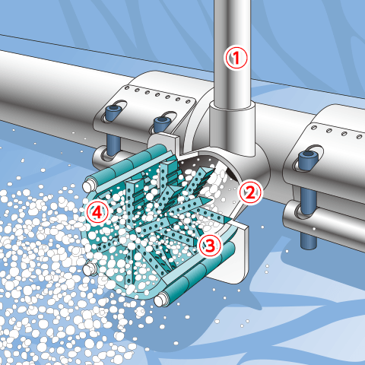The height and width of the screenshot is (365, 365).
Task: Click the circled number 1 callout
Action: click(236, 58)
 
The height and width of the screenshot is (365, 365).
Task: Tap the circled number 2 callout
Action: click(250, 192)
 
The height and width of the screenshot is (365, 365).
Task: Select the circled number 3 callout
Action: click(210, 245)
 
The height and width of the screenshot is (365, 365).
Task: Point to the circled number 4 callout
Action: click(97, 212)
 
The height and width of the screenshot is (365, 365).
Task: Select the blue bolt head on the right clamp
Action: click(308, 159)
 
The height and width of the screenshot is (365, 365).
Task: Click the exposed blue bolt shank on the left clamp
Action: click(113, 144)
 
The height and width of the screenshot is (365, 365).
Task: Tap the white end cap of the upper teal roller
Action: click(87, 186)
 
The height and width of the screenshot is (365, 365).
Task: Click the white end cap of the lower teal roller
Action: click(160, 300)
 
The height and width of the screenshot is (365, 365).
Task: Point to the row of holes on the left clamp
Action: click(157, 95)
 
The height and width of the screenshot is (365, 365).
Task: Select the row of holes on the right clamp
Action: click(337, 132)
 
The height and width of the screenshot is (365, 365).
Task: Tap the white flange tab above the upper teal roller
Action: click(164, 143)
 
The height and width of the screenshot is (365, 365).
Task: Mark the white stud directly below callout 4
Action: click(90, 269)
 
